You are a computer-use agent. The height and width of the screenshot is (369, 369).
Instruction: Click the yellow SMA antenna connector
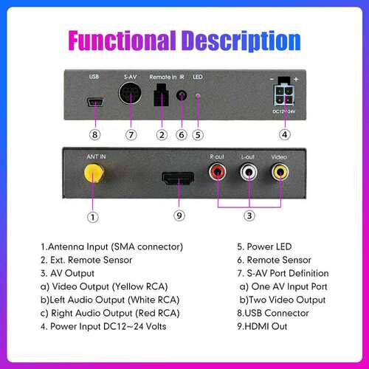94,173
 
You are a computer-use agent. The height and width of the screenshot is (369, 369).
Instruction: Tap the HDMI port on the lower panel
178,179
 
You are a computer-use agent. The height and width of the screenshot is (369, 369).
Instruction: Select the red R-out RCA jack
218,172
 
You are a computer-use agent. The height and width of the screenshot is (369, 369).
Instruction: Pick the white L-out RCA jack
249,172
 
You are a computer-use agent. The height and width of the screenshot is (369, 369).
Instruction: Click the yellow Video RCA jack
280,172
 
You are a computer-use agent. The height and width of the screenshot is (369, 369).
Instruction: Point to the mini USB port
95,102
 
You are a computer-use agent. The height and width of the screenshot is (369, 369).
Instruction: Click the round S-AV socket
130,94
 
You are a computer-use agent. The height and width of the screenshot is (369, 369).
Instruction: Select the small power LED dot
198,95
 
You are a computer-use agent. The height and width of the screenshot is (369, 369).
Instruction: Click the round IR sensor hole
182,95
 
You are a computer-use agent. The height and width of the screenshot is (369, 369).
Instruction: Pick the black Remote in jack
161,95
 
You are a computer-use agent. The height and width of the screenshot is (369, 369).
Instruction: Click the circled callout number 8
94,135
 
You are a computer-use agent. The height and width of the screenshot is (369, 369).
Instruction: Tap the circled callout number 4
285,134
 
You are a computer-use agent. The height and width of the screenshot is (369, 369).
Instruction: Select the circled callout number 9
179,215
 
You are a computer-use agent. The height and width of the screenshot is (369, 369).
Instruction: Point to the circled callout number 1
93,217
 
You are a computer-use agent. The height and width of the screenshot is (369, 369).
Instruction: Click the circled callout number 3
249,215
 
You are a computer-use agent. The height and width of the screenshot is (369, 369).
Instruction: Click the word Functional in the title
123,41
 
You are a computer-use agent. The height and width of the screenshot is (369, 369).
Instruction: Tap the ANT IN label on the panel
96,156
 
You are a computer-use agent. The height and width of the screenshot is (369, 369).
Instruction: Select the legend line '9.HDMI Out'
262,326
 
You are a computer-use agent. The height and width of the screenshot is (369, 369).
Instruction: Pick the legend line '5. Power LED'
264,246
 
